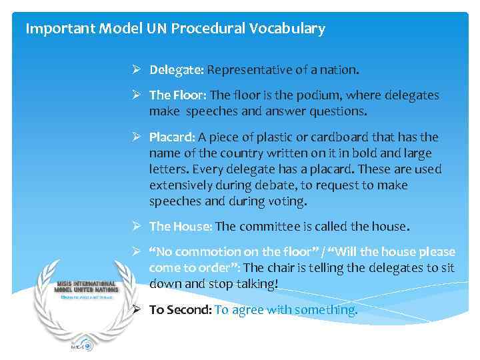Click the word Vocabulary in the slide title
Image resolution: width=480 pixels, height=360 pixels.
pos(292,29)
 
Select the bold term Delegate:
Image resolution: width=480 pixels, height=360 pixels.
pos(176,70)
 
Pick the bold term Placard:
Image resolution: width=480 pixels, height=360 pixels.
pos(172,137)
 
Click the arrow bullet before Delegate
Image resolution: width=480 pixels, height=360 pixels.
pos(135,70)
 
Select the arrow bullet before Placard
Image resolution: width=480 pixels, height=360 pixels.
pos(135,137)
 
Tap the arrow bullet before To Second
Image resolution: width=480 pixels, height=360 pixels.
pos(135,310)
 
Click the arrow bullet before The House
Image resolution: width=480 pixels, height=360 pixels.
pos(135,227)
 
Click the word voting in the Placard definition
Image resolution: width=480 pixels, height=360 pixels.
pos(287,201)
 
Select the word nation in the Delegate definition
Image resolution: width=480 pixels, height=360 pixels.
pos(339,70)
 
